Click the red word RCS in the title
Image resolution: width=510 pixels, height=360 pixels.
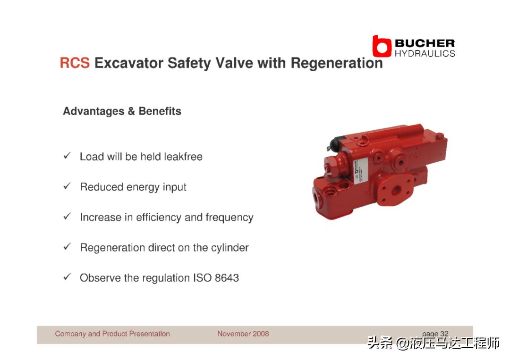(x=75, y=63)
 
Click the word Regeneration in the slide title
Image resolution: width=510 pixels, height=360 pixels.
(x=337, y=63)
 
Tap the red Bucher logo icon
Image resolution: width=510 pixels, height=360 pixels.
(x=382, y=46)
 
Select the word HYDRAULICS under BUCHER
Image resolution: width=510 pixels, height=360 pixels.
(x=425, y=53)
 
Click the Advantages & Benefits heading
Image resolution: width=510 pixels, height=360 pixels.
(x=122, y=111)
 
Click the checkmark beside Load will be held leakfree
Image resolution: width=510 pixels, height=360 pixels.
(x=67, y=156)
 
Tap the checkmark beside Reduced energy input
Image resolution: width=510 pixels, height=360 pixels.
(x=67, y=186)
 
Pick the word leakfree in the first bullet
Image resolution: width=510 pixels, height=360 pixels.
(x=183, y=157)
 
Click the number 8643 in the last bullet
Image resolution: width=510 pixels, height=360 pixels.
(x=227, y=278)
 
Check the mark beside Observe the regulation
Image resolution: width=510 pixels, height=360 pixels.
(x=67, y=277)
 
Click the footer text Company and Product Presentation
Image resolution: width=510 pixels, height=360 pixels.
(x=112, y=334)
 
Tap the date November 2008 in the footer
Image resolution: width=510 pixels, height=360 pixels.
(x=243, y=334)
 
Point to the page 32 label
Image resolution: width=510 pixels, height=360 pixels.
(x=435, y=334)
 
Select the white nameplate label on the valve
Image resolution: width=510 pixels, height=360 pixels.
(x=360, y=171)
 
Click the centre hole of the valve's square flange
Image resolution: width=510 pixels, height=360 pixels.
(x=396, y=191)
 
